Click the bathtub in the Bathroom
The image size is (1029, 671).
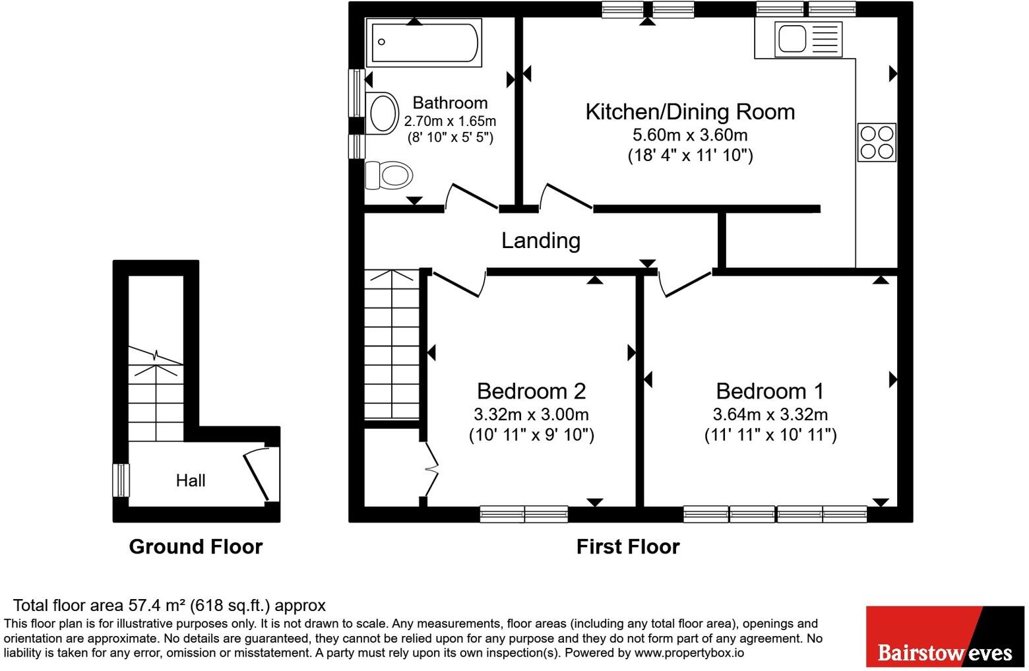(x=423, y=42)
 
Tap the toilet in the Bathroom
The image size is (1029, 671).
(x=389, y=175)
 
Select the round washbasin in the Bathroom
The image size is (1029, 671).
(x=382, y=113)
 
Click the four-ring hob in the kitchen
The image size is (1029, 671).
(x=877, y=142)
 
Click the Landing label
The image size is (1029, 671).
(x=541, y=240)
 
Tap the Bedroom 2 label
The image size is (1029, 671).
(x=532, y=391)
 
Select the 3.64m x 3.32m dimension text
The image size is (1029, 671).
(x=770, y=414)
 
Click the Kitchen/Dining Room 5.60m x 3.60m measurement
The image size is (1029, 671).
(x=690, y=135)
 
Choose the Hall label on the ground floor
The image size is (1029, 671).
(x=191, y=481)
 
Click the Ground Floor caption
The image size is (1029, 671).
(x=196, y=547)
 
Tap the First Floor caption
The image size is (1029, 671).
(x=628, y=547)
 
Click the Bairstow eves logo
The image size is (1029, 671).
(x=945, y=636)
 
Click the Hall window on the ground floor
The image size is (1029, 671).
(x=121, y=480)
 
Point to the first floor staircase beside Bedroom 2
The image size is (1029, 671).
(x=392, y=344)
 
